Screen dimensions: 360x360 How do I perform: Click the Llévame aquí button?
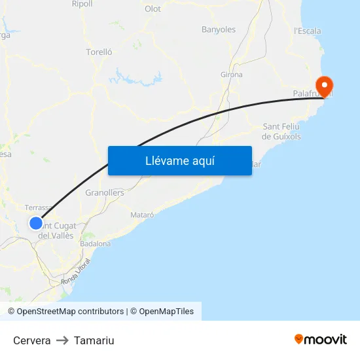[x=179, y=160]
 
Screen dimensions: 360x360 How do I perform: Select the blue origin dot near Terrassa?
[x=36, y=223]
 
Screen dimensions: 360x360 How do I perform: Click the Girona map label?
[x=232, y=75]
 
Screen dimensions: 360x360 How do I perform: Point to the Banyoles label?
[x=219, y=29]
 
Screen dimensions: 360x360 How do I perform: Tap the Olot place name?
[x=153, y=9]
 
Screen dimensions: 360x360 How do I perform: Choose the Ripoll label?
[x=82, y=4]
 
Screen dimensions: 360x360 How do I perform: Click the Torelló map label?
[x=99, y=52]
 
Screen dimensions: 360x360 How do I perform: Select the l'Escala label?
[x=308, y=31]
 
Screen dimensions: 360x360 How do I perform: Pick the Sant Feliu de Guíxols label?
[x=281, y=131]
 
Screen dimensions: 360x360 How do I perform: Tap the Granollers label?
[x=105, y=193]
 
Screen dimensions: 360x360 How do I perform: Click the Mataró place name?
[x=142, y=215]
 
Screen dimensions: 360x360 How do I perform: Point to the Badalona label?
[x=95, y=243]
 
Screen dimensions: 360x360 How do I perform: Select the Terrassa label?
[x=38, y=207]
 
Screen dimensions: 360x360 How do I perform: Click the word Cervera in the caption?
[x=32, y=340]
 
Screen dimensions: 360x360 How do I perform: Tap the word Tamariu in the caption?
[x=94, y=340]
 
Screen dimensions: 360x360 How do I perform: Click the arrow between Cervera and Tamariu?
[x=62, y=340]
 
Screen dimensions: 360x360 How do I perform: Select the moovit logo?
[x=321, y=339]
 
